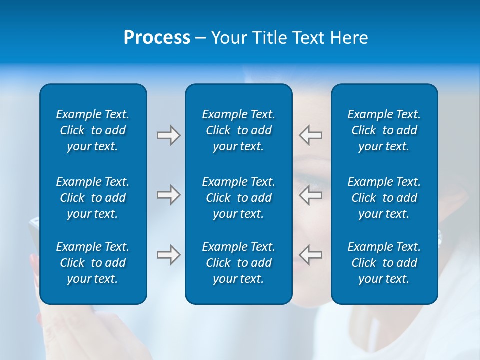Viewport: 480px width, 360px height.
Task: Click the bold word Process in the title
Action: (157, 38)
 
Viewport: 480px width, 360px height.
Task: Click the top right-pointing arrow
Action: (168, 135)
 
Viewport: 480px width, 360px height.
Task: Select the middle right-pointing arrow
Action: (168, 195)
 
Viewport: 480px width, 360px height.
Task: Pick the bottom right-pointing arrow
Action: (168, 255)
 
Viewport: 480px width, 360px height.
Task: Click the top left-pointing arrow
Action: (311, 135)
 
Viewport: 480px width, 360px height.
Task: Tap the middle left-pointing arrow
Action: (311, 195)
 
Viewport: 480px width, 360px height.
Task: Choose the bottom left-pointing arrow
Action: (311, 255)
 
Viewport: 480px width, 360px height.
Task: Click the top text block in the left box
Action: (93, 130)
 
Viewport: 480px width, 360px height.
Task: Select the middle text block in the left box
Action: (93, 198)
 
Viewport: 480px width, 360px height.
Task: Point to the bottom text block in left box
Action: (93, 263)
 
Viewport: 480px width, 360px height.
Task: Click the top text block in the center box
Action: (238, 130)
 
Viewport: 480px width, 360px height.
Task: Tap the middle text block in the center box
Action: (238, 198)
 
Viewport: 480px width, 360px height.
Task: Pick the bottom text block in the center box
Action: (238, 263)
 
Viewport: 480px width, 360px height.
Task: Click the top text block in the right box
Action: (384, 130)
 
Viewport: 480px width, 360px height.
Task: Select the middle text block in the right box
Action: (384, 198)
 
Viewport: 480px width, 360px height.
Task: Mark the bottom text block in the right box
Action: (384, 263)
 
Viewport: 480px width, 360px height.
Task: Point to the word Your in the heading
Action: (228, 38)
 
